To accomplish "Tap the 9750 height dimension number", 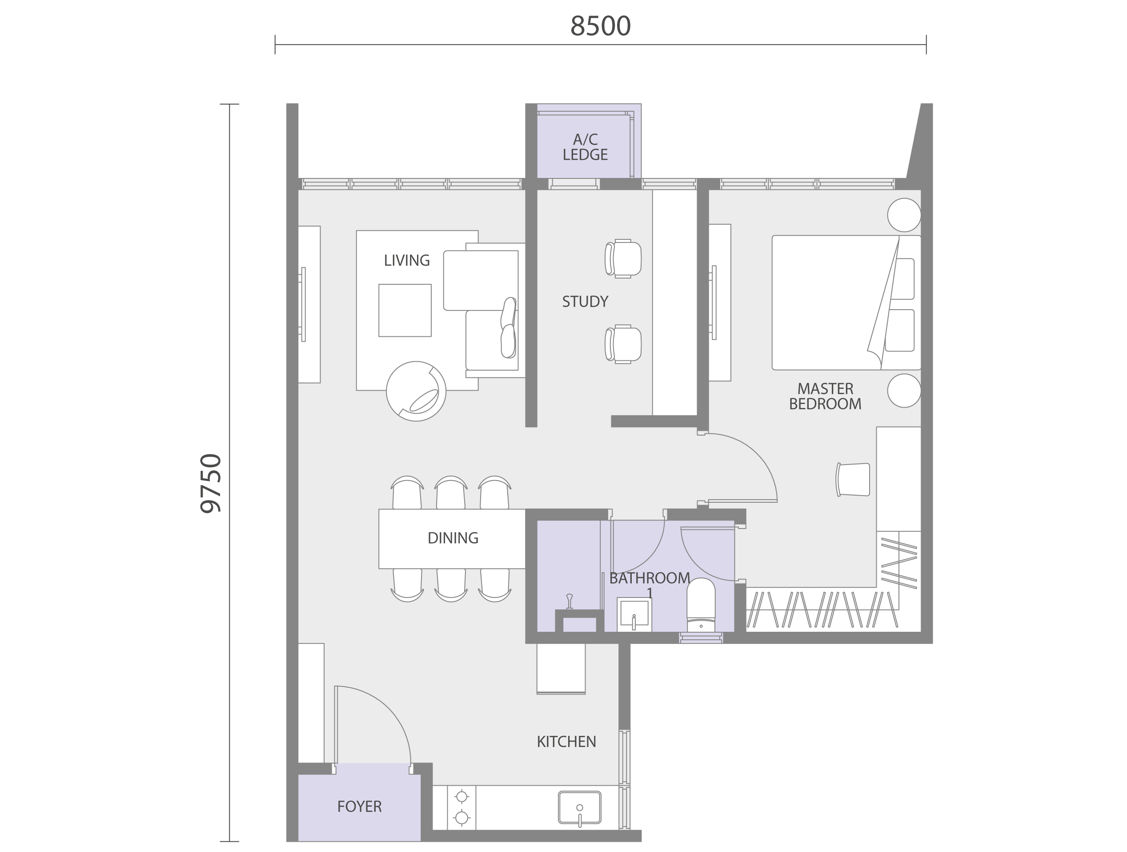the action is tap(211, 483).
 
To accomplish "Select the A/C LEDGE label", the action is tap(585, 147).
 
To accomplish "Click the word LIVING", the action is tap(407, 261).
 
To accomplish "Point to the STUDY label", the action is tap(585, 302).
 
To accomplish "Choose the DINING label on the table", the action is tap(453, 538).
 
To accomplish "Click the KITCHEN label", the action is tap(566, 741).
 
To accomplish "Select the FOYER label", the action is tap(359, 806).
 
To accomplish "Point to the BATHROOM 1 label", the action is tap(650, 584).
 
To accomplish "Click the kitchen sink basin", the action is tap(579, 807).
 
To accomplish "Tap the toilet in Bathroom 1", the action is tap(701, 605).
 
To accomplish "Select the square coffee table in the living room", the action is tap(405, 310).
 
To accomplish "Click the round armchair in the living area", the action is tap(416, 391).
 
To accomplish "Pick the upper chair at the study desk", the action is tap(622, 258).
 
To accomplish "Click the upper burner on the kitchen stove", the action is tap(461, 796).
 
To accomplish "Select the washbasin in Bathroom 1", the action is tap(634, 614).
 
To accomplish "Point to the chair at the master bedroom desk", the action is tap(852, 479).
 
